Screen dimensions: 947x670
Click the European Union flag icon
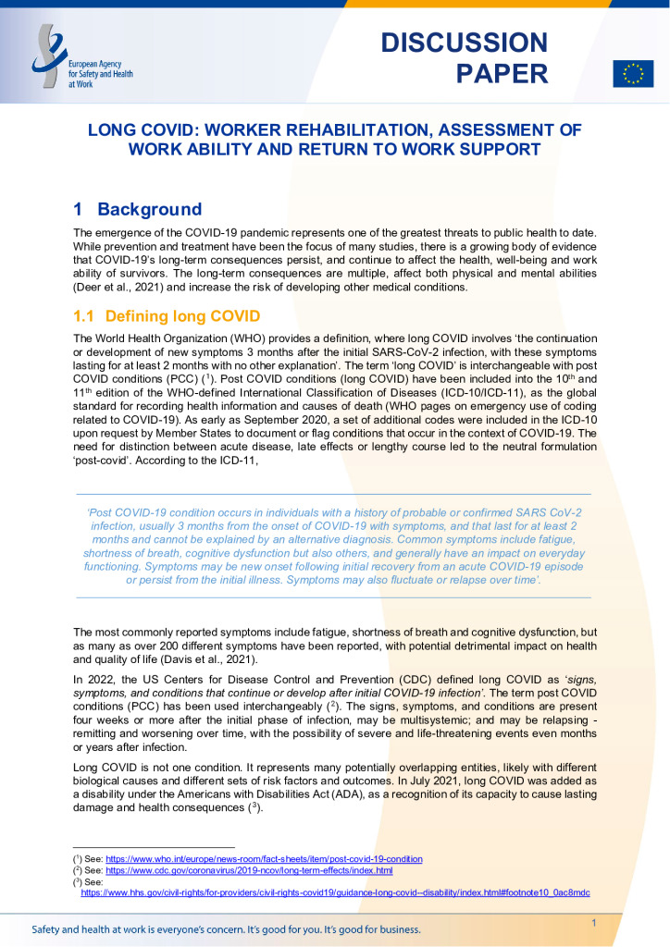[633, 73]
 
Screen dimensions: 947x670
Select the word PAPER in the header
[502, 74]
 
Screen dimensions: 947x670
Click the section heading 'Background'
[149, 209]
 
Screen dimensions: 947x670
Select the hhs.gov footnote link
[335, 892]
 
